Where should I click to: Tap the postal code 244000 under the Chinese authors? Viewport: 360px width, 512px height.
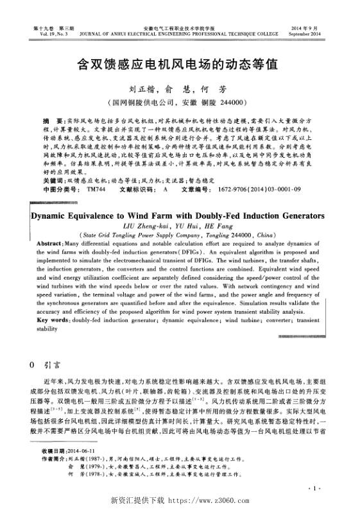pyautogui.click(x=230, y=102)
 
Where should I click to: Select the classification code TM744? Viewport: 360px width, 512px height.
pyautogui.click(x=95, y=154)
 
